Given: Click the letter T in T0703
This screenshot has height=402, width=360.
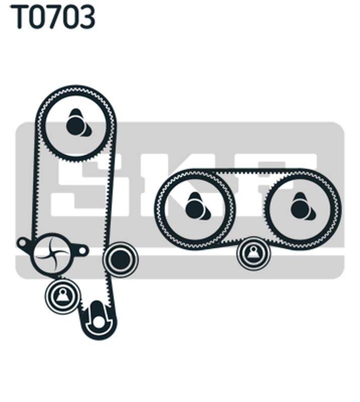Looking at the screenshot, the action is (19, 17).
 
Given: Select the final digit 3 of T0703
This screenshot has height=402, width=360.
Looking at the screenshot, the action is (86, 17).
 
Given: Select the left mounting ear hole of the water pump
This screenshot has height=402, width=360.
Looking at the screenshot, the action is (22, 242).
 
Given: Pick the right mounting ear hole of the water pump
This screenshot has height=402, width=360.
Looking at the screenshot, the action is (82, 250).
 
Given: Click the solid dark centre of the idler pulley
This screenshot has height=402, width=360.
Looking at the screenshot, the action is (120, 259).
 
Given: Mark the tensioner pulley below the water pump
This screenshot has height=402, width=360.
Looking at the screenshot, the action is (63, 296).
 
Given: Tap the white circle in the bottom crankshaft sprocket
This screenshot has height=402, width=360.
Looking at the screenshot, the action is (99, 322).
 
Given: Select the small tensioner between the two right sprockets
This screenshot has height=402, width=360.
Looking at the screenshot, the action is (253, 253).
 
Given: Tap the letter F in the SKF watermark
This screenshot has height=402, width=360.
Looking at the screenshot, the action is (282, 184).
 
